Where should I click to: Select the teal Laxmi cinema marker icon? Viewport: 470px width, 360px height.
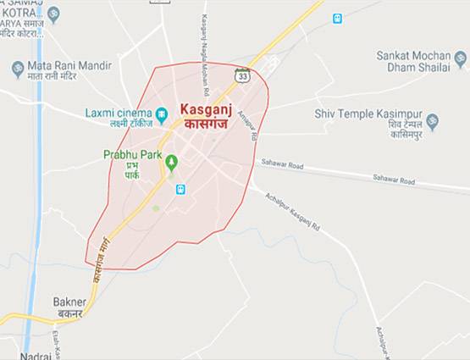(161, 114)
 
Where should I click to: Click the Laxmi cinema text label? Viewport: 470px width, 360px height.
(118, 112)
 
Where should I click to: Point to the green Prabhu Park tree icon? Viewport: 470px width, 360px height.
(172, 161)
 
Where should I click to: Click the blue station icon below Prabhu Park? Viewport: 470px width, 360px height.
(180, 189)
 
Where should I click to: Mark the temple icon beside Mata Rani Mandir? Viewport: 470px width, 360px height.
(18, 69)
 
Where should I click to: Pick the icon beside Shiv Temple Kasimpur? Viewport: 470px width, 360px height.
(432, 120)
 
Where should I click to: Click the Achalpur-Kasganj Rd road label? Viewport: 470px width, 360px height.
(292, 212)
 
